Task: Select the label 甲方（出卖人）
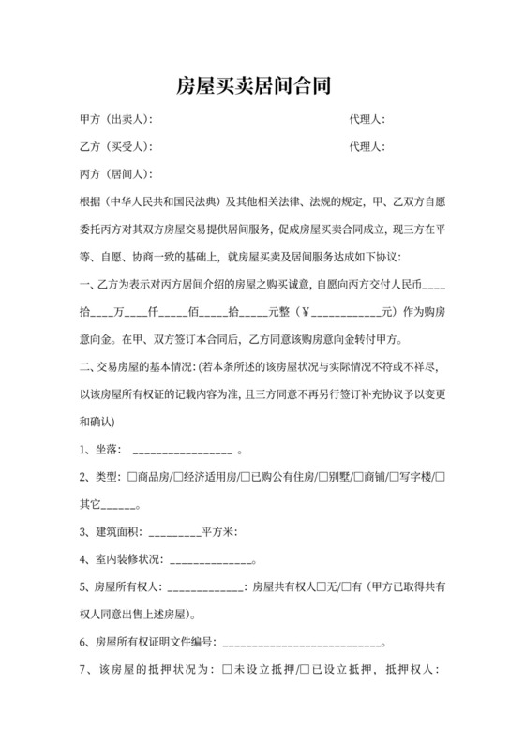pos(115,120)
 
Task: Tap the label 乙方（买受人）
pos(115,147)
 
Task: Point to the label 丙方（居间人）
pos(115,174)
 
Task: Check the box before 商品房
pos(132,477)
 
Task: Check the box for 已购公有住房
pos(246,477)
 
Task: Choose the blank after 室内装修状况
pos(211,562)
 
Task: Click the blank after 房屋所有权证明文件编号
pos(302,645)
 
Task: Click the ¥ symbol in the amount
pos(305,311)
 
